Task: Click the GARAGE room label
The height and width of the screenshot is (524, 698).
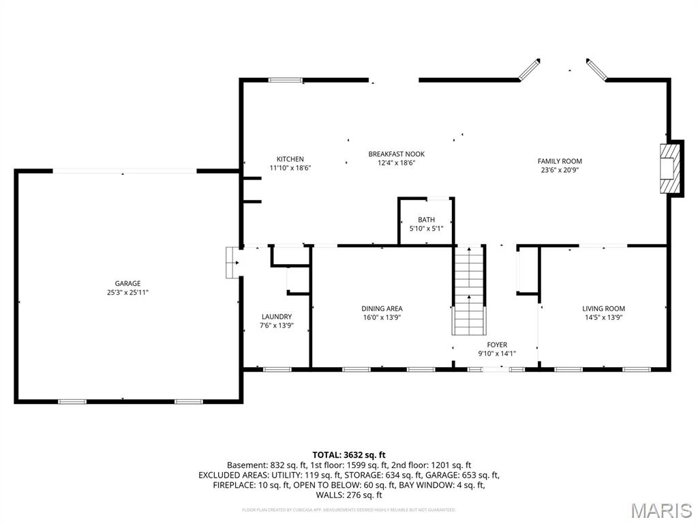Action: click(127, 283)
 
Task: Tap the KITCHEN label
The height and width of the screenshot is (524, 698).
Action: click(290, 159)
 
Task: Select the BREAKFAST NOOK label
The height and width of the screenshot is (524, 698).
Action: click(391, 154)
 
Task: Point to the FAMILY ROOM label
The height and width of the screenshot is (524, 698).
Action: click(560, 161)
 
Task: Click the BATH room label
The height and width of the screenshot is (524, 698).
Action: click(427, 220)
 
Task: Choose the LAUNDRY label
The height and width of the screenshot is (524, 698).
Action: click(277, 317)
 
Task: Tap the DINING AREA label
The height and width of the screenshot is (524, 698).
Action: click(382, 308)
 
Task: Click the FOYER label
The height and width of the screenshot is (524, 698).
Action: click(497, 345)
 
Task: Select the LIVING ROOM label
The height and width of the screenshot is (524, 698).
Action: click(603, 308)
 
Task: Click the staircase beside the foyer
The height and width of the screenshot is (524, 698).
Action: click(469, 290)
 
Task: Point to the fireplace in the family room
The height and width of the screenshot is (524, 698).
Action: click(671, 169)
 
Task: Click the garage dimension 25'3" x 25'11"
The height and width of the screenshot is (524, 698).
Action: click(127, 292)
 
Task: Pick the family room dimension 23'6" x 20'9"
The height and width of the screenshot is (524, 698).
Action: click(560, 170)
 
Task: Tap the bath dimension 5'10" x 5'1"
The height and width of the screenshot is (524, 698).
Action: click(427, 229)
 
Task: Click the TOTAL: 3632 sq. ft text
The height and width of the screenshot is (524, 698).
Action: click(349, 454)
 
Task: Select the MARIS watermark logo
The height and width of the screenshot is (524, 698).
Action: click(661, 510)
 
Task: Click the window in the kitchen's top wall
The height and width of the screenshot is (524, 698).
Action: click(285, 80)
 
